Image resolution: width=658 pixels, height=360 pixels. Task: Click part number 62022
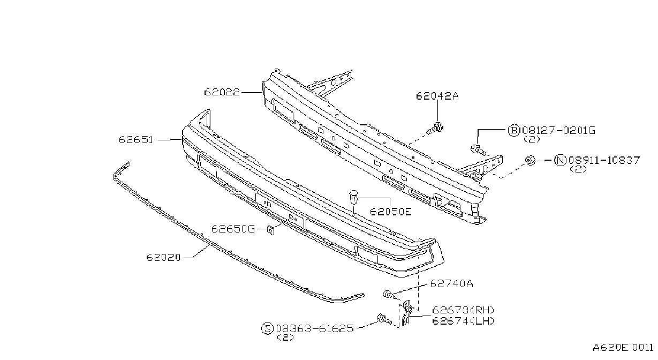222,92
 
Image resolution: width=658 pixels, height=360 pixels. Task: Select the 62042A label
437,96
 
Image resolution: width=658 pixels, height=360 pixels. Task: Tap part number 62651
136,140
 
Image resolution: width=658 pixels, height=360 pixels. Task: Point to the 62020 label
163,258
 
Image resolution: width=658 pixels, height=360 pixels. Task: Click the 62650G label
233,229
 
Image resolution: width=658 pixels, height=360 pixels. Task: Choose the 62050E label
391,212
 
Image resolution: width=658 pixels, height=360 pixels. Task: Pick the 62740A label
451,283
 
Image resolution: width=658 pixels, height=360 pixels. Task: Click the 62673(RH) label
463,310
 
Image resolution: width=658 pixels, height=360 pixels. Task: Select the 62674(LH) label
463,321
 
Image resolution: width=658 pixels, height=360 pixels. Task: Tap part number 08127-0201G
558,130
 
